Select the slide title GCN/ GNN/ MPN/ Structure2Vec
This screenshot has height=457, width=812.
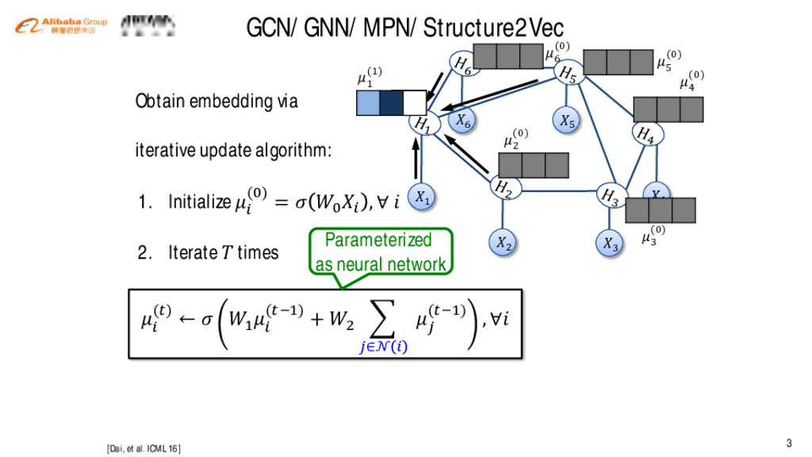(404, 29)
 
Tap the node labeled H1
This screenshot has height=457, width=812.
(423, 125)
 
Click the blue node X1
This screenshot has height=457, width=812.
(423, 197)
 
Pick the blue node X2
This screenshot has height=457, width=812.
(503, 243)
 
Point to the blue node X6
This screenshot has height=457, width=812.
(463, 121)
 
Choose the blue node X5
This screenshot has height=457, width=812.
(566, 121)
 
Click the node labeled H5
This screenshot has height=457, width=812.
(568, 74)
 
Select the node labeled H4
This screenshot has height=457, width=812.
(645, 133)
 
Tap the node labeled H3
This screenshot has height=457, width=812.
(610, 196)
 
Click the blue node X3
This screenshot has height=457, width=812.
(609, 243)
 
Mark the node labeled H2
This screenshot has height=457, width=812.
(502, 188)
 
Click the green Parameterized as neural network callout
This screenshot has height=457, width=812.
(381, 252)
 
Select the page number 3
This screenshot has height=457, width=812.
(789, 443)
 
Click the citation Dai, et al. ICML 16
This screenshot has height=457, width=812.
(144, 449)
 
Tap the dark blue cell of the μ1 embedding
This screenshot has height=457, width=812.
(392, 103)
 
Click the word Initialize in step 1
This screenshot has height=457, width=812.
(198, 202)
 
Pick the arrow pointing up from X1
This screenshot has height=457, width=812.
(416, 160)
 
